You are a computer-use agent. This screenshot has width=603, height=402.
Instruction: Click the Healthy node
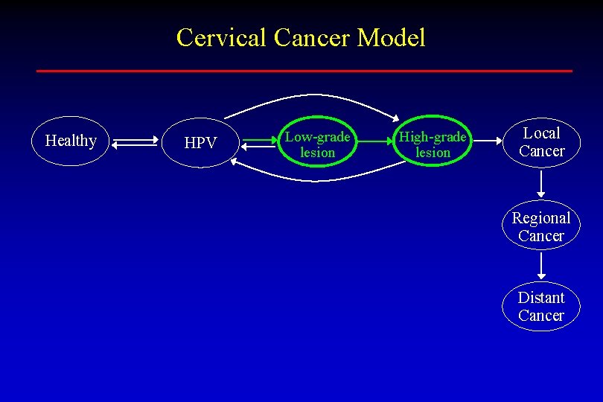[x=71, y=141]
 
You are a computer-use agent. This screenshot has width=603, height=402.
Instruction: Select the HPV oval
[x=200, y=142]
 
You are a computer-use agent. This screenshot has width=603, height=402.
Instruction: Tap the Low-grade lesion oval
[x=318, y=144]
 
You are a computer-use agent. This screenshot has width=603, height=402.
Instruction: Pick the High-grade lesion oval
[x=433, y=144]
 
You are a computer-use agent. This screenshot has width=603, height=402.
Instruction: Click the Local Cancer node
[x=541, y=142]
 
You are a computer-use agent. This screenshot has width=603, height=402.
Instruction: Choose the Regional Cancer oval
[x=541, y=226]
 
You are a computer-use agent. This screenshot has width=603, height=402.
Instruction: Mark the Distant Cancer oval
[x=541, y=306]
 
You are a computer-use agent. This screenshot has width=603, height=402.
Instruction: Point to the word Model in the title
[x=391, y=37]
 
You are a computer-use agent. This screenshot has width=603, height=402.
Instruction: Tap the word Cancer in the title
[x=312, y=37]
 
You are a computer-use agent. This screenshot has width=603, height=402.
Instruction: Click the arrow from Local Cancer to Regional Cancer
[x=541, y=183]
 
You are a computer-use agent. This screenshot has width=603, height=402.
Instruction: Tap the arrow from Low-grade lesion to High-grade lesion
[x=374, y=139]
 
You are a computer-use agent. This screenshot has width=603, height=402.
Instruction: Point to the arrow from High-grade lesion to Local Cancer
[x=486, y=139]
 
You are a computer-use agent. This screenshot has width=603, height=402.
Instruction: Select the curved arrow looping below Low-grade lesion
[x=313, y=179]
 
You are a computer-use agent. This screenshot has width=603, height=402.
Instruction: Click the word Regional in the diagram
[x=541, y=218]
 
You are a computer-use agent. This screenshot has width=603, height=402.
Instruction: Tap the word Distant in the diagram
[x=541, y=298]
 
